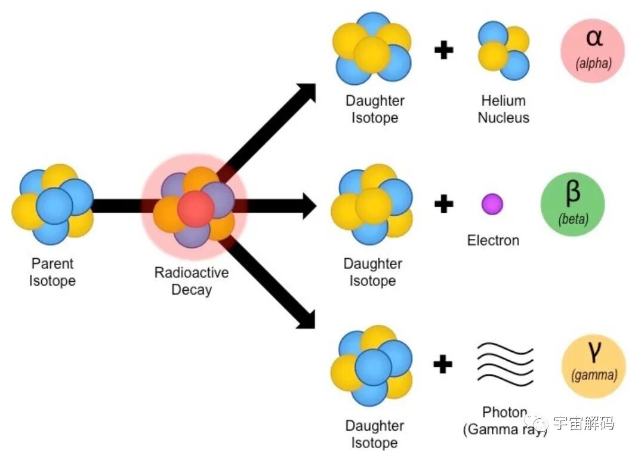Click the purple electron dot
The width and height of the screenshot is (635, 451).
click(x=492, y=204)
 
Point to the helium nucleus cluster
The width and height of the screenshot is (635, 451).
click(x=503, y=50)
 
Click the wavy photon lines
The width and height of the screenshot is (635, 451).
click(x=504, y=363)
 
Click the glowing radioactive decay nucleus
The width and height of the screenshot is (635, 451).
click(x=195, y=206)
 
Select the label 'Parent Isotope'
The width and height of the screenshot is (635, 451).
click(x=53, y=272)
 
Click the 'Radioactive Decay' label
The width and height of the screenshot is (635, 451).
click(x=192, y=281)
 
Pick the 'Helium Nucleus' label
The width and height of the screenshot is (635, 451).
click(x=503, y=109)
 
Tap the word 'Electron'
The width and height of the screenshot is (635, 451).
click(x=493, y=240)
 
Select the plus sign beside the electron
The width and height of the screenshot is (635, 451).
click(x=443, y=205)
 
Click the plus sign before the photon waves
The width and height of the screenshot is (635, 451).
click(x=443, y=363)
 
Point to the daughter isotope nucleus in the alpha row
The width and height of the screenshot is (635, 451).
click(x=373, y=49)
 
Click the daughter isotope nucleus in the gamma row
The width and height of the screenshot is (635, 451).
click(x=372, y=365)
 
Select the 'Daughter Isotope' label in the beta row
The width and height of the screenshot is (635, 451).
click(x=373, y=272)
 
